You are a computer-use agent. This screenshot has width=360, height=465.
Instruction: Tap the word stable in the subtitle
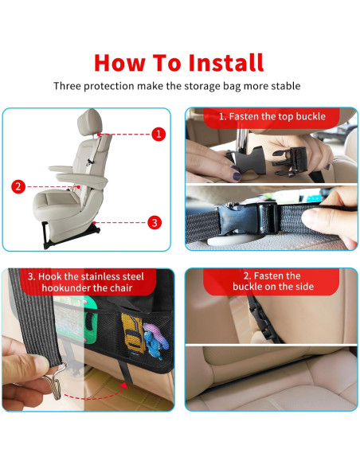click(284, 86)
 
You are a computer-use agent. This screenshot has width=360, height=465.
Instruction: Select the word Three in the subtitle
click(69, 86)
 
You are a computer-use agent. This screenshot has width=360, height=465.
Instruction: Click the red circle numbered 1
click(158, 134)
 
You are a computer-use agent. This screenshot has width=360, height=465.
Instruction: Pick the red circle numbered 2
click(18, 187)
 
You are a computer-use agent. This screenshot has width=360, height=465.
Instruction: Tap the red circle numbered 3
click(155, 222)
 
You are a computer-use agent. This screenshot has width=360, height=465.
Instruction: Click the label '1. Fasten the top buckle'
click(272, 116)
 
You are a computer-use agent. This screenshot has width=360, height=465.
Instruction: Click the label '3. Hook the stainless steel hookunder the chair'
click(85, 282)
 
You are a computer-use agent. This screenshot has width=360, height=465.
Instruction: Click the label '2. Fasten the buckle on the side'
click(272, 281)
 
